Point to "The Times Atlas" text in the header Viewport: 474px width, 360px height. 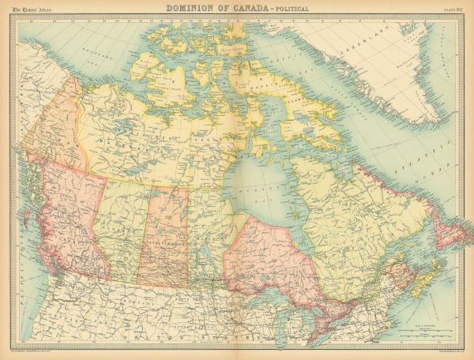pos(33,9)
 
